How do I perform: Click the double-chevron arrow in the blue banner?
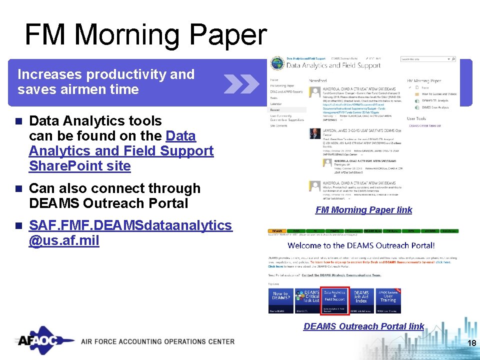[241, 83]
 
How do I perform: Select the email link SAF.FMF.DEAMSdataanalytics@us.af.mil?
[130, 233]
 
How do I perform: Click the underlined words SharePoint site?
[80, 166]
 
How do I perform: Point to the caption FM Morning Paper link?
[363, 210]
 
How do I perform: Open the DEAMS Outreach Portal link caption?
[363, 326]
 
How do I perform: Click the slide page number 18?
[470, 343]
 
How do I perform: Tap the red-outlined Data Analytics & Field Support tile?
[334, 300]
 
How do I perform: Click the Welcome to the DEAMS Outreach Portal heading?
[361, 245]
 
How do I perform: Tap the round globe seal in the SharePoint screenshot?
[276, 64]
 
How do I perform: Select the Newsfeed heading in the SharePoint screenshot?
[317, 80]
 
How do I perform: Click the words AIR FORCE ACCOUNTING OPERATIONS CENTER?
[157, 341]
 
